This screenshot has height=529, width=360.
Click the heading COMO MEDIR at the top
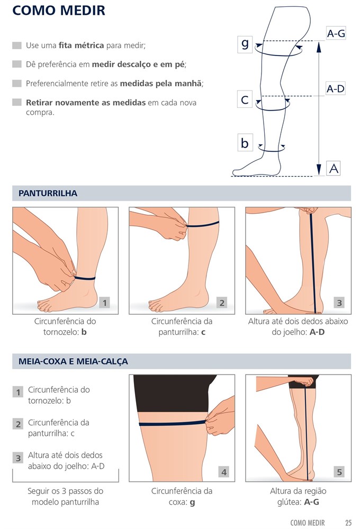pyautogui.click(x=58, y=11)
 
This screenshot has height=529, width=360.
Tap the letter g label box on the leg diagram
pyautogui.click(x=245, y=44)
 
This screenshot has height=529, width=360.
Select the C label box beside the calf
pyautogui.click(x=245, y=99)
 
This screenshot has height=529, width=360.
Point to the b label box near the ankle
pyautogui.click(x=245, y=143)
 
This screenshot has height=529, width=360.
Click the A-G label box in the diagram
pyautogui.click(x=336, y=33)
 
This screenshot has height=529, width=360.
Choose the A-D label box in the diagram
pyautogui.click(x=335, y=89)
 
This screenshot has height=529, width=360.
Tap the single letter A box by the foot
pyautogui.click(x=334, y=168)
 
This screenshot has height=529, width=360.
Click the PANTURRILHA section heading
pyautogui.click(x=48, y=193)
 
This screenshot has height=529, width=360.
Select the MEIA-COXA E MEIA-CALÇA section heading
pyautogui.click(x=73, y=361)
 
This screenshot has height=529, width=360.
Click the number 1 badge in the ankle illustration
pyautogui.click(x=104, y=303)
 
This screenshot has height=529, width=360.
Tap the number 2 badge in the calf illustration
pyautogui.click(x=222, y=303)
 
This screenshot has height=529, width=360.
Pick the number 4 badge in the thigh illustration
pyautogui.click(x=223, y=472)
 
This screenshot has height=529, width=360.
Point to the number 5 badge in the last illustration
pyautogui.click(x=339, y=472)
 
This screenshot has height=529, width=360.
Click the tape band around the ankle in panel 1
pyautogui.click(x=84, y=278)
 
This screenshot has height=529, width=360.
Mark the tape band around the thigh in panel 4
pyautogui.click(x=172, y=423)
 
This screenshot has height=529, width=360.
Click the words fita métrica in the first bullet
pyautogui.click(x=81, y=45)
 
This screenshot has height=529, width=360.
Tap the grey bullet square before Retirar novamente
pyautogui.click(x=17, y=102)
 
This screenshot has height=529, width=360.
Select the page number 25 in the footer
pyautogui.click(x=348, y=523)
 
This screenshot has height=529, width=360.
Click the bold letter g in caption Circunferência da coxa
pyautogui.click(x=192, y=503)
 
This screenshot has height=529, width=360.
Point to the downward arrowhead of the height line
pyautogui.click(x=319, y=169)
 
